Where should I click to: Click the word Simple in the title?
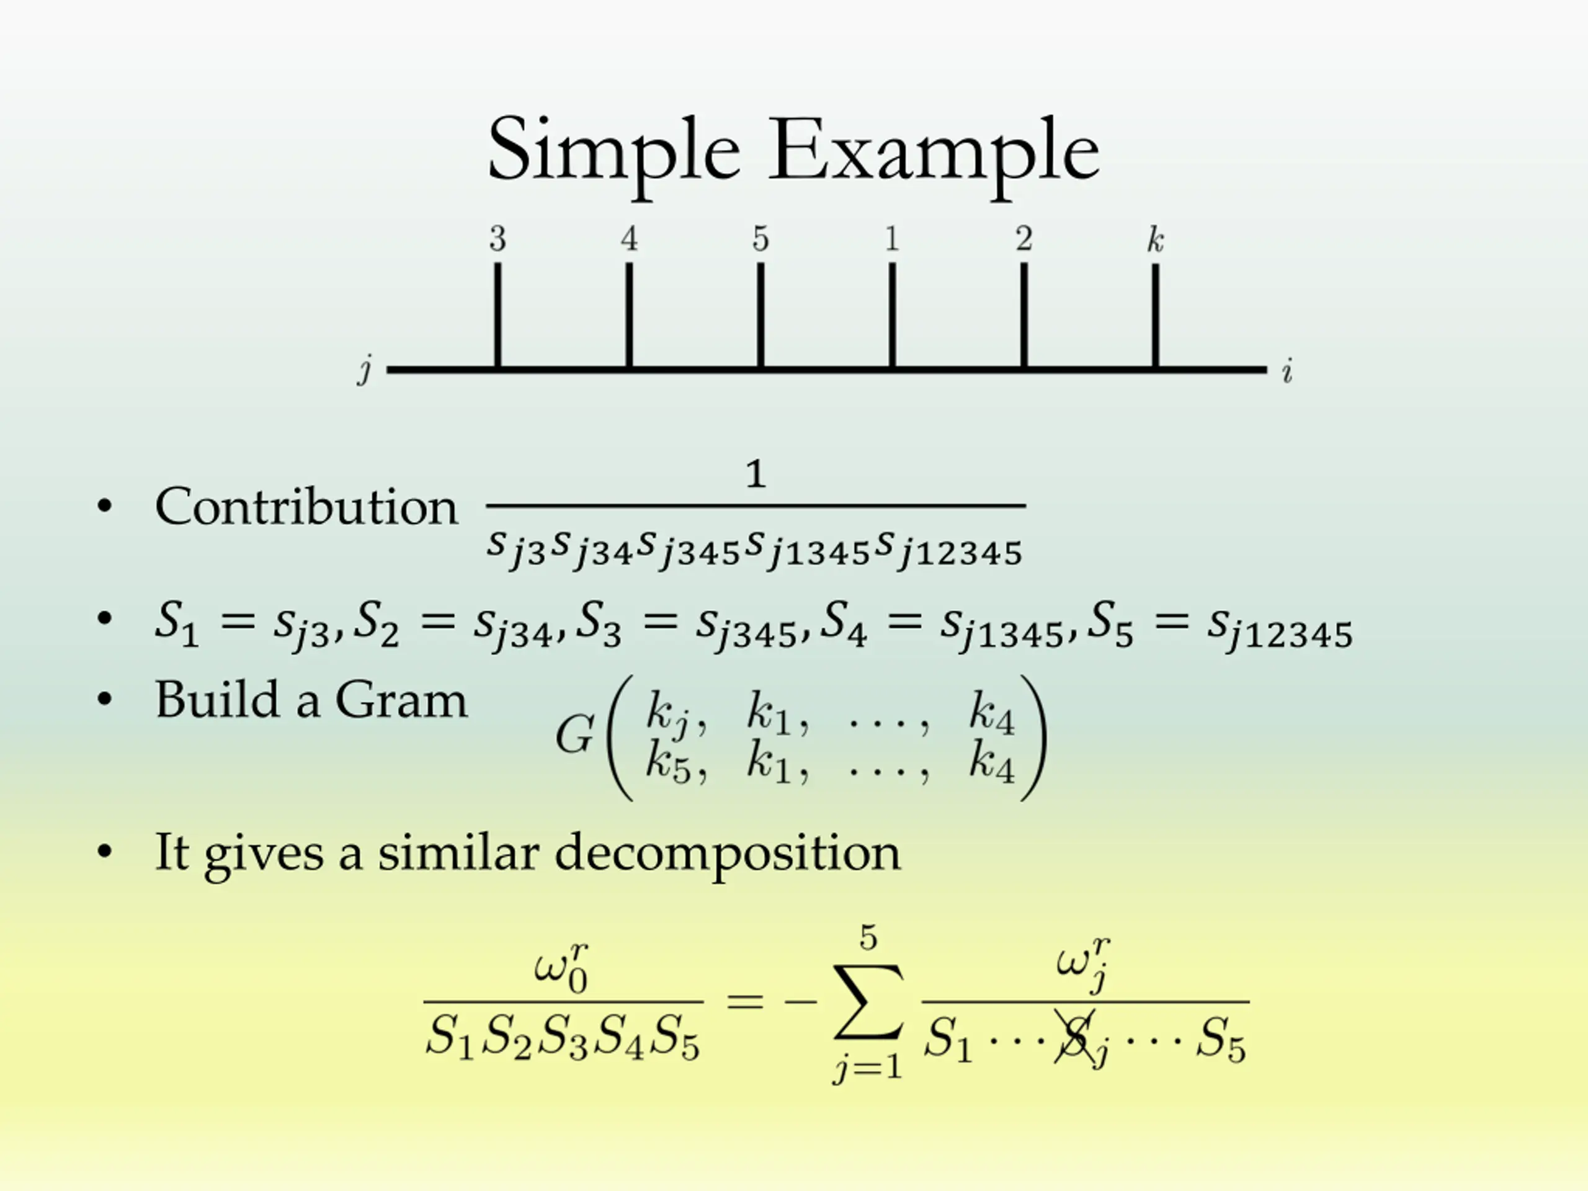614,152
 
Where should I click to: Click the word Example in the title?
934,152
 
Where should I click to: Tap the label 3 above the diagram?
497,239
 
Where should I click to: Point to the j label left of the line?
365,370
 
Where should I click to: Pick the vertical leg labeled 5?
761,316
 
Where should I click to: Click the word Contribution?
306,507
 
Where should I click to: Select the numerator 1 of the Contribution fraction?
756,475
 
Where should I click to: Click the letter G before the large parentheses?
574,735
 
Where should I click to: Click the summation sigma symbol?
868,1001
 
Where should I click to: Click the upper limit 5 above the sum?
868,937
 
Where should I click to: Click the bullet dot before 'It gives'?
105,852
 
